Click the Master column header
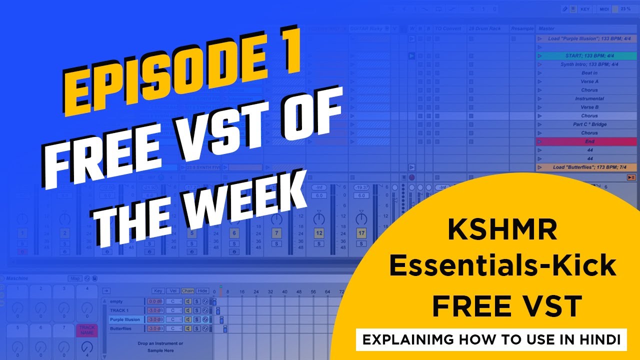click(547, 28)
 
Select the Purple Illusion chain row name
click(125, 319)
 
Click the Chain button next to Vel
click(187, 291)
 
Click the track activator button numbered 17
click(360, 233)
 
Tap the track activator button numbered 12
click(318, 233)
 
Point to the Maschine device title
click(17, 278)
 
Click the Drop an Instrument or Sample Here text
click(160, 347)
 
